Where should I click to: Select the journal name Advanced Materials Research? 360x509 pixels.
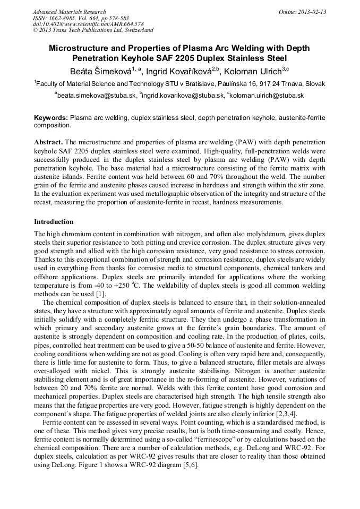pyautogui.click(x=69, y=12)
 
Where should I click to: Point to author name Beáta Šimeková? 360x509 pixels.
pyautogui.click(x=102, y=72)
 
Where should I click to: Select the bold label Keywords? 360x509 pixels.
pyautogui.click(x=51, y=117)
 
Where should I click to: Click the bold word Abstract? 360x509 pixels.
pyautogui.click(x=48, y=142)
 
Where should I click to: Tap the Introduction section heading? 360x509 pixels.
pyautogui.click(x=54, y=221)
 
